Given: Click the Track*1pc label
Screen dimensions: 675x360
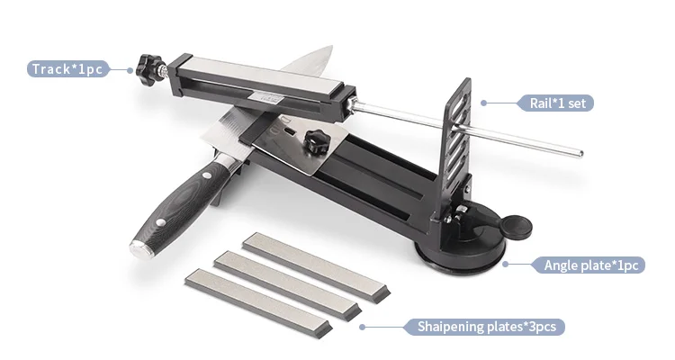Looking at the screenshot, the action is [x=67, y=69].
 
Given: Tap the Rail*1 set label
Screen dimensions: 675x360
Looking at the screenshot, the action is [x=557, y=103].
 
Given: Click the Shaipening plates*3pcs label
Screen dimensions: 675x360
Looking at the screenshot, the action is [x=486, y=327].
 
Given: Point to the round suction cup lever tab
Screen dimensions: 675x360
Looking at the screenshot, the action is [x=517, y=227].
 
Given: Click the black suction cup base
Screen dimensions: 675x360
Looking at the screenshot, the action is [x=460, y=250].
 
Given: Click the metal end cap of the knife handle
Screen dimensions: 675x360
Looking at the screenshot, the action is [x=140, y=250].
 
